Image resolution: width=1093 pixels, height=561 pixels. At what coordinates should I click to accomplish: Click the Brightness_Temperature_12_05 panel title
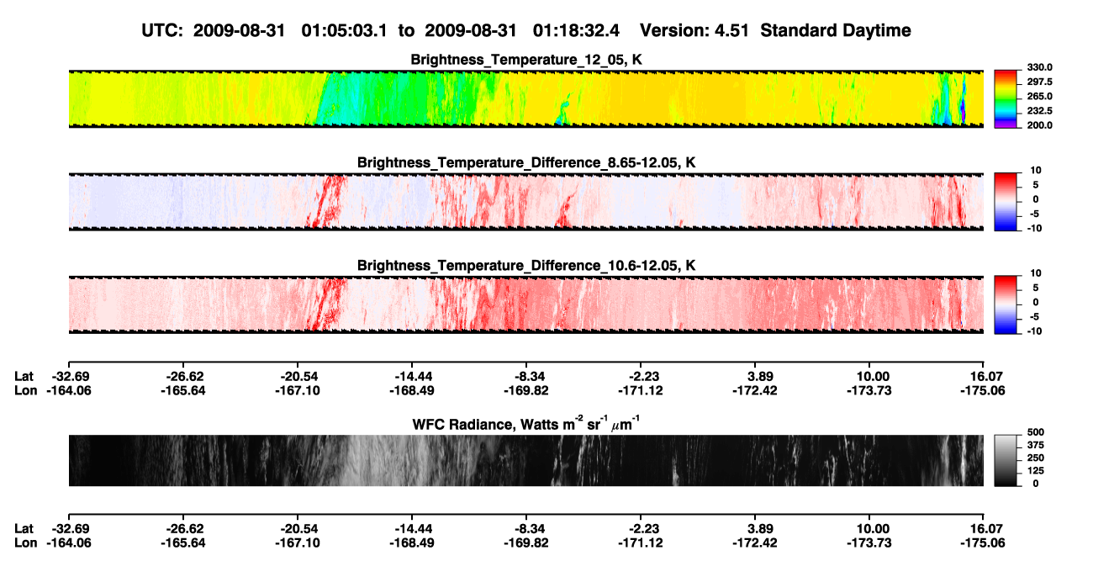pos(526,60)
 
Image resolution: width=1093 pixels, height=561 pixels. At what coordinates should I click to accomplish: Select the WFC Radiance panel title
pos(526,423)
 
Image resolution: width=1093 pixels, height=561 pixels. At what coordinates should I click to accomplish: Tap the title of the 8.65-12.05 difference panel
pos(526,162)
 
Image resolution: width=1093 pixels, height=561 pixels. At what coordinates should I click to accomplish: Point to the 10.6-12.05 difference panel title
pos(526,266)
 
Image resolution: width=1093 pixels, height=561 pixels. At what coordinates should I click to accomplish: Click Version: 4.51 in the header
pos(694,30)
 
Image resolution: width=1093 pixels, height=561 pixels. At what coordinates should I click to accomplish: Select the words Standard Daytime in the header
pos(836,30)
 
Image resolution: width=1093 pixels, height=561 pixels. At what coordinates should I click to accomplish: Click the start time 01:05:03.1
pos(344,30)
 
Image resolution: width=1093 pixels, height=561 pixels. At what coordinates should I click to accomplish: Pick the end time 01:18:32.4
pos(576,30)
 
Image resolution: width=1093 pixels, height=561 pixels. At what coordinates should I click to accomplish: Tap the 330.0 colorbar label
pos(1039,67)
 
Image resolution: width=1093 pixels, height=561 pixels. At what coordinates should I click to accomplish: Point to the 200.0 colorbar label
pos(1039,125)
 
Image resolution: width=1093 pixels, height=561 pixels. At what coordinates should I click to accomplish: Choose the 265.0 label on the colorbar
pos(1039,96)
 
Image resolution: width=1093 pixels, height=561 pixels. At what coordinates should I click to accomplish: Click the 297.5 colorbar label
pos(1039,82)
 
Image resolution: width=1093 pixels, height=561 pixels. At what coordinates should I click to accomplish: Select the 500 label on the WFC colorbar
pos(1036,432)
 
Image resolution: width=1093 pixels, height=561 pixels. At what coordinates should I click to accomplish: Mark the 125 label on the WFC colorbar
pos(1036,471)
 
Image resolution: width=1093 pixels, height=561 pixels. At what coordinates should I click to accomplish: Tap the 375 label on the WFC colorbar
pos(1036,445)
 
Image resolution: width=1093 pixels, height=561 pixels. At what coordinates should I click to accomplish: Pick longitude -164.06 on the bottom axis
pos(69,543)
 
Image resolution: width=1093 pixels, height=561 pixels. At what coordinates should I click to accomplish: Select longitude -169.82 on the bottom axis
pos(526,543)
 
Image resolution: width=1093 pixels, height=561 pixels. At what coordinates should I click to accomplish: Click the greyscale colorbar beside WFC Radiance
pos(1006,460)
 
